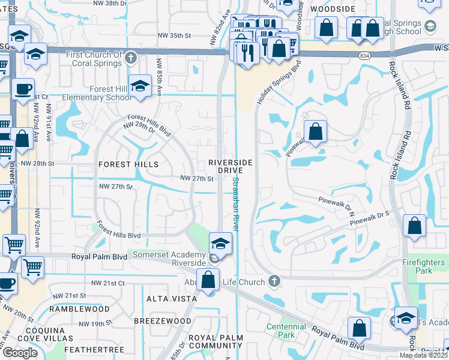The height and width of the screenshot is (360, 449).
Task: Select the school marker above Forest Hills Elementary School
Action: tap(140, 86)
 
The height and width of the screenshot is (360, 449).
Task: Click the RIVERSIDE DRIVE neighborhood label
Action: tap(230, 167)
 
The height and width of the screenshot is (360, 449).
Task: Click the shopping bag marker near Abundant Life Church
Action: tap(208, 280)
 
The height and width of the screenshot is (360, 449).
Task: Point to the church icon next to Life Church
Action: tap(274, 280)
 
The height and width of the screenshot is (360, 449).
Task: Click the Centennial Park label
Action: tap(285, 331)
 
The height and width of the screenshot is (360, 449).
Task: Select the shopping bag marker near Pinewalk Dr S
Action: tap(414, 226)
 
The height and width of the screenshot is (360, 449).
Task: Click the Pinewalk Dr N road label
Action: tap(337, 205)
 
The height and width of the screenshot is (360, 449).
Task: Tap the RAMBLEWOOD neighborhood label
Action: tap(79, 309)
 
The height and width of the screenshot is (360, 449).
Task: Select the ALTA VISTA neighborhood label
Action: tap(172, 298)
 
